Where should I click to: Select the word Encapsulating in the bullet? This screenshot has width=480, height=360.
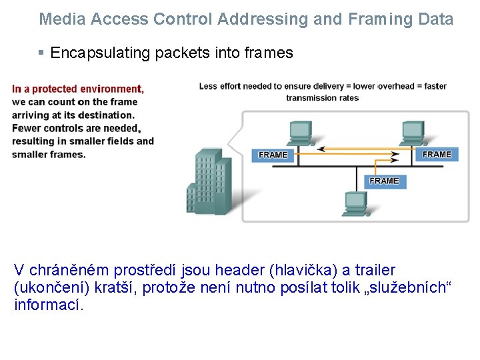101,53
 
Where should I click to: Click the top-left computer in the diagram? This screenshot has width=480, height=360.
299,133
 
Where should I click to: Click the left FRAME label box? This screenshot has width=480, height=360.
273,155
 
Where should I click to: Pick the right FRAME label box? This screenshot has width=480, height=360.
437,154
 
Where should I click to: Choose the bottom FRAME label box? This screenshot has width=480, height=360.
384,181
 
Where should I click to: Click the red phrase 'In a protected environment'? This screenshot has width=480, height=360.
77,89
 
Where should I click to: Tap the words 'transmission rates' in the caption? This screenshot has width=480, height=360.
323,97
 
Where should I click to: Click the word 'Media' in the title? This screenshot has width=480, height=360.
62,19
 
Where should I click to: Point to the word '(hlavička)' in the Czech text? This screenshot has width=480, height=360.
303,271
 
